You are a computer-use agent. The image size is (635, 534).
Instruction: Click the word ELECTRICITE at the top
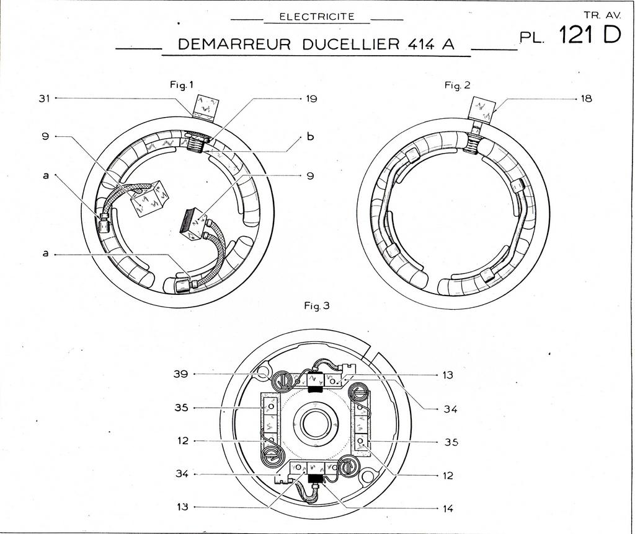tap(317, 17)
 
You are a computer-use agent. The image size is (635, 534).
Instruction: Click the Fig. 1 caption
tap(182, 85)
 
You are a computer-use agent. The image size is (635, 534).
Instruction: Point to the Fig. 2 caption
tap(458, 85)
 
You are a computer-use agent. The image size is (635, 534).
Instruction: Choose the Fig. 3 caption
tap(317, 306)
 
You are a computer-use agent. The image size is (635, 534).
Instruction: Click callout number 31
tap(44, 98)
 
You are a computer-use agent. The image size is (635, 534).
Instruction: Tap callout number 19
tap(312, 98)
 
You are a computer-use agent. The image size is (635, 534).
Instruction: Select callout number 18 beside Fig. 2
tap(586, 98)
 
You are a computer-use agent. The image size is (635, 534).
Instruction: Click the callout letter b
tap(311, 137)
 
